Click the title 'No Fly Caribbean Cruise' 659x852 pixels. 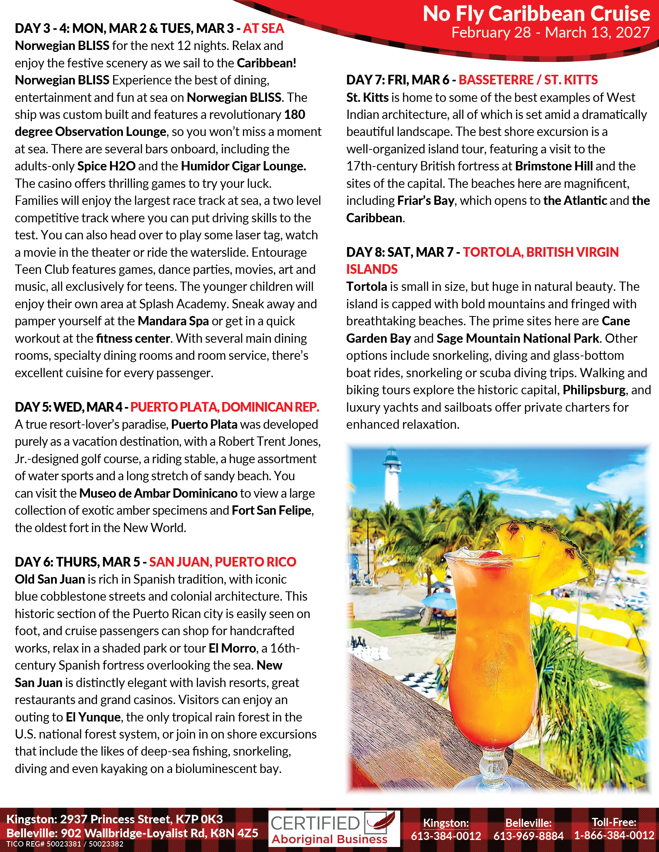[536, 14]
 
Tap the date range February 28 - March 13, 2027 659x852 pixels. [550, 33]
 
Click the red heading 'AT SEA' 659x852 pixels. [264, 29]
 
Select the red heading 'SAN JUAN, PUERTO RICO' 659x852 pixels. [223, 562]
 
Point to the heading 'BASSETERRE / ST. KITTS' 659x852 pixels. [528, 80]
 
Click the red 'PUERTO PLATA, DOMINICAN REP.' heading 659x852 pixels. [224, 407]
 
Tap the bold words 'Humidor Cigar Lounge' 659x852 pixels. [243, 166]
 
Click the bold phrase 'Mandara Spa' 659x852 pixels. [173, 321]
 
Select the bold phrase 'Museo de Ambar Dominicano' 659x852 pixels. [158, 493]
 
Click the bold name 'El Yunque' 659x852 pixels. [93, 717]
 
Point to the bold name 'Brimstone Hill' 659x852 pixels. [554, 166]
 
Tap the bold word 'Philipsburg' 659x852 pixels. [594, 390]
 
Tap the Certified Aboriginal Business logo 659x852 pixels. [334, 829]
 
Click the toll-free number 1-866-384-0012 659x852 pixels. [614, 836]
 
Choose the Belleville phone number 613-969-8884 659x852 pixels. [528, 836]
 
